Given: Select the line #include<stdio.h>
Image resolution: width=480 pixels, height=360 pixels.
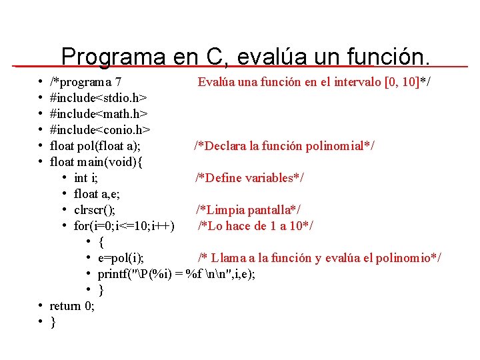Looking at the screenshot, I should point(99,98).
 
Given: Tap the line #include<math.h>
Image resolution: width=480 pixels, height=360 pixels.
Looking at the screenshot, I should point(99,114).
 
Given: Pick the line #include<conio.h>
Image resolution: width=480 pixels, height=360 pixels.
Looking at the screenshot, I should point(100,130).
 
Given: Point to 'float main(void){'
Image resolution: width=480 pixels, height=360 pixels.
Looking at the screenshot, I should point(97,162).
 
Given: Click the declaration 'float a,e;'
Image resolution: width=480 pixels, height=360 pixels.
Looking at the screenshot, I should point(97,194).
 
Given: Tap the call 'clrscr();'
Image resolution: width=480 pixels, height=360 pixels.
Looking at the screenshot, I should point(99,210).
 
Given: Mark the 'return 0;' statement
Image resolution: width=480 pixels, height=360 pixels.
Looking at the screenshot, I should point(72,306).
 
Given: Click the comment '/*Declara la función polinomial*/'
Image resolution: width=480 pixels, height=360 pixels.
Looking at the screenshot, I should point(284,146).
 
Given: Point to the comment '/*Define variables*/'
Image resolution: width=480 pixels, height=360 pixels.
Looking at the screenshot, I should point(249,178).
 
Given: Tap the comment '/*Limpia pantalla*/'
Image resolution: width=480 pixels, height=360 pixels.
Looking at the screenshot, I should point(248,210).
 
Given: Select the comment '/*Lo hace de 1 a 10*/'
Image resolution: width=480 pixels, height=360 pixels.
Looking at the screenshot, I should point(255,226).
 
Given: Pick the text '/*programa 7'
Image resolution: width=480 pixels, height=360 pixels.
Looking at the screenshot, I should point(85,82).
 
